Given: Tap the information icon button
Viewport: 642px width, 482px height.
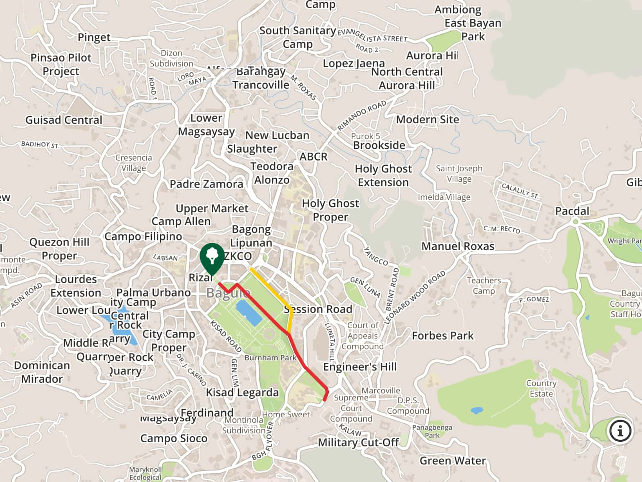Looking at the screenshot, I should pos(620,430).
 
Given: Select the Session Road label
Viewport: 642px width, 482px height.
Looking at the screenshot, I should pos(318,309).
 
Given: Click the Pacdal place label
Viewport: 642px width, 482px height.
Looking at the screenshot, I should pos(572,211).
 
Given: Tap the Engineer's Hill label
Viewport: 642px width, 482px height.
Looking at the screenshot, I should pos(360,367).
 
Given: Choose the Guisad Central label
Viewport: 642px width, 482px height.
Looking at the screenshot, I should pos(64,120).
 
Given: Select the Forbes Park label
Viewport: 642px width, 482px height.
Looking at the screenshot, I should pos(443,336).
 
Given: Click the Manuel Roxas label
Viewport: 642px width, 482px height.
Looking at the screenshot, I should pos(458,246).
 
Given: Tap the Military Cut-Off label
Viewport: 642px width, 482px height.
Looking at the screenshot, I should pos(358,443).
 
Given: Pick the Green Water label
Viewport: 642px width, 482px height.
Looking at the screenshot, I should pos(452,461).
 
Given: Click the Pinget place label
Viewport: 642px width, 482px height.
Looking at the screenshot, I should pos(94,38).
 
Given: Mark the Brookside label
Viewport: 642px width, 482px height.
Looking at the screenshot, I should pos(379,146).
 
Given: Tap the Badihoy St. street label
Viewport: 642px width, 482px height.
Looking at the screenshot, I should pos(41,145).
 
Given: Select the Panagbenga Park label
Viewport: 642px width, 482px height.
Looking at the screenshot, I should pos(432,431).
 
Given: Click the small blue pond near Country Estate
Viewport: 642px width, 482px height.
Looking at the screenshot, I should pos(476,410).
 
